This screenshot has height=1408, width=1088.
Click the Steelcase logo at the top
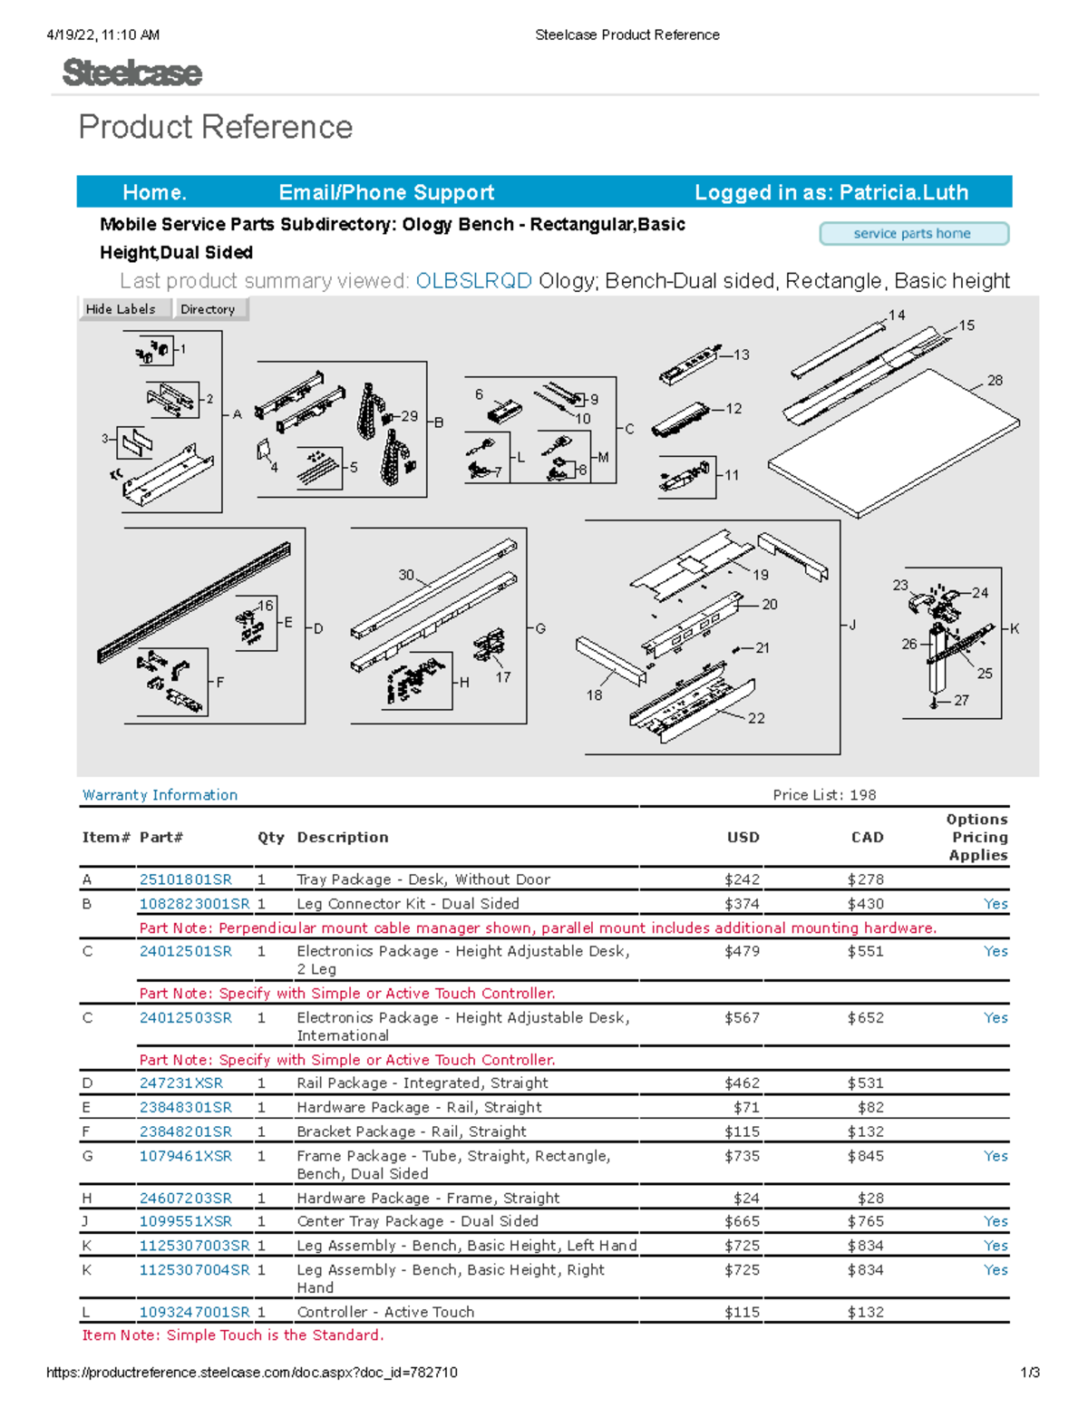[x=132, y=73]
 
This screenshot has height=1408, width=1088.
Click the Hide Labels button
[x=121, y=309]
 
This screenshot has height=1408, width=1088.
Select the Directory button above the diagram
[x=208, y=309]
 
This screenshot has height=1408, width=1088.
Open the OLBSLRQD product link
[x=473, y=281]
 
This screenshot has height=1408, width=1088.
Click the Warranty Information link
[x=160, y=795]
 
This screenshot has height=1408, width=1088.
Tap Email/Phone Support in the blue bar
[x=386, y=192]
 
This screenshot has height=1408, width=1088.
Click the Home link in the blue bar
[x=154, y=192]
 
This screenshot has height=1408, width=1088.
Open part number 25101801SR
[x=185, y=879]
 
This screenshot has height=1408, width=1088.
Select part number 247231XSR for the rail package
[x=180, y=1083]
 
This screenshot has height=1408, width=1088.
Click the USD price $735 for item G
[x=742, y=1156]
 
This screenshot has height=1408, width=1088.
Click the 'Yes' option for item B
[x=996, y=904]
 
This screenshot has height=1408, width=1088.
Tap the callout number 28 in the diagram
[x=995, y=381]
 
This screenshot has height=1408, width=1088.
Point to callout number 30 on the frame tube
[x=406, y=575]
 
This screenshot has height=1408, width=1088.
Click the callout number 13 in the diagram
[x=742, y=354]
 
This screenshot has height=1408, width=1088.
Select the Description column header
[x=342, y=838]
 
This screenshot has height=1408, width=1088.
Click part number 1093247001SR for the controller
[x=194, y=1312]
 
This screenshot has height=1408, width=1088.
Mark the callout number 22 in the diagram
[x=756, y=718]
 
